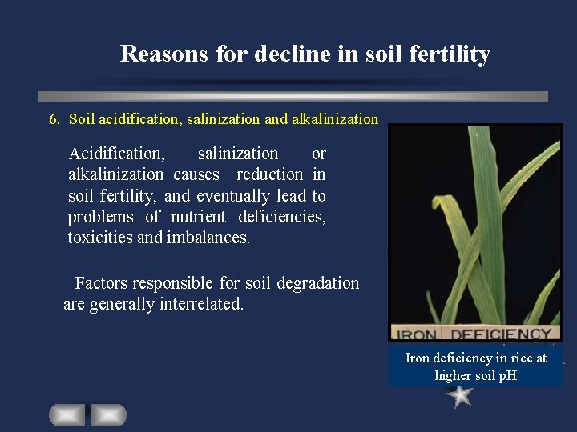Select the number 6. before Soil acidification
tap(54, 119)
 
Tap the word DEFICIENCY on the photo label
tap(500, 334)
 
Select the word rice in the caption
tap(514, 358)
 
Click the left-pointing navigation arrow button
tap(67, 414)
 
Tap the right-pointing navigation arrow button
tap(108, 414)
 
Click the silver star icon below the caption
tap(461, 396)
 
